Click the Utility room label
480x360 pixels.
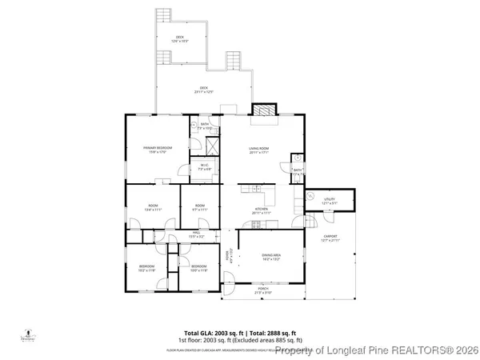329,200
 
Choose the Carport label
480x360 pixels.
330,238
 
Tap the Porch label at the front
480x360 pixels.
262,291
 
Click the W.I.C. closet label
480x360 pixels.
204,167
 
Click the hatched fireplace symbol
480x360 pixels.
263,111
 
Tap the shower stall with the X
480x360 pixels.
214,146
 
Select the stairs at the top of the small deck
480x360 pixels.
164,15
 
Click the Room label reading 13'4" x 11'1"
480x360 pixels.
153,207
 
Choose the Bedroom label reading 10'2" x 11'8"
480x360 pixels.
146,268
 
